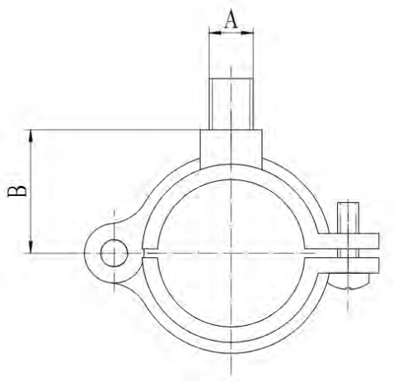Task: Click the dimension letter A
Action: click(230, 19)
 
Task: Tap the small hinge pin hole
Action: click(113, 253)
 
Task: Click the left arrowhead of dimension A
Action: click(211, 32)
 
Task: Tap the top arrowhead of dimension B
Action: click(32, 135)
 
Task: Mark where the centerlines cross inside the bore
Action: click(230, 253)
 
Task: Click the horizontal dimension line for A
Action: click(230, 32)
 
